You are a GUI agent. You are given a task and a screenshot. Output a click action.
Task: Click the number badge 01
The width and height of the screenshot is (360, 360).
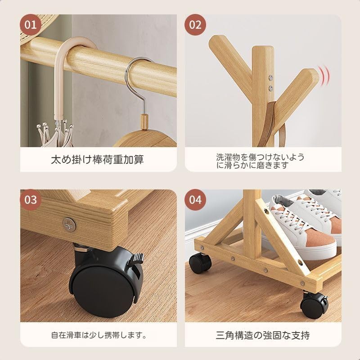pyautogui.click(x=31, y=25)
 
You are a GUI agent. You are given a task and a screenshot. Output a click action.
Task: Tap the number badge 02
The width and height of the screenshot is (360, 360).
pyautogui.click(x=195, y=25)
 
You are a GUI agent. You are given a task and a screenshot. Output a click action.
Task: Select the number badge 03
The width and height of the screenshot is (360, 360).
pyautogui.click(x=31, y=200)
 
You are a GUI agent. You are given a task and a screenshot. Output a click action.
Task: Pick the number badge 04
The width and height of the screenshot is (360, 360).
pyautogui.click(x=195, y=200)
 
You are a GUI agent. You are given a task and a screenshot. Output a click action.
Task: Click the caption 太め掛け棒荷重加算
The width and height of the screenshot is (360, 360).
pyautogui.click(x=97, y=160)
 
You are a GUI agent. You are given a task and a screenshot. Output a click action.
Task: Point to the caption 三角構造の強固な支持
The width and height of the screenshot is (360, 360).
pyautogui.click(x=263, y=335)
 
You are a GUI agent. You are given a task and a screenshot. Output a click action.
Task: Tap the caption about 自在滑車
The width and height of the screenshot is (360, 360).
pyautogui.click(x=99, y=335)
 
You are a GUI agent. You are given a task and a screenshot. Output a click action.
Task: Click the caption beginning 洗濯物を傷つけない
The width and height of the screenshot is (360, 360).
pyautogui.click(x=260, y=161)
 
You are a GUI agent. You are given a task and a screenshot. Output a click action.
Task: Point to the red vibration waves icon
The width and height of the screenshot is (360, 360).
pyautogui.click(x=324, y=75)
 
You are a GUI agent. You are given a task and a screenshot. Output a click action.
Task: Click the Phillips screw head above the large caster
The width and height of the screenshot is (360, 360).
pyautogui.click(x=69, y=224)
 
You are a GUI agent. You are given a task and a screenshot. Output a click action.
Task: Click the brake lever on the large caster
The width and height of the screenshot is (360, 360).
pyautogui.click(x=137, y=257)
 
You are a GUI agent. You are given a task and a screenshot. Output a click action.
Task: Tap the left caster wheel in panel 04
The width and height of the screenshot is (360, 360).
pyautogui.click(x=200, y=263)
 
